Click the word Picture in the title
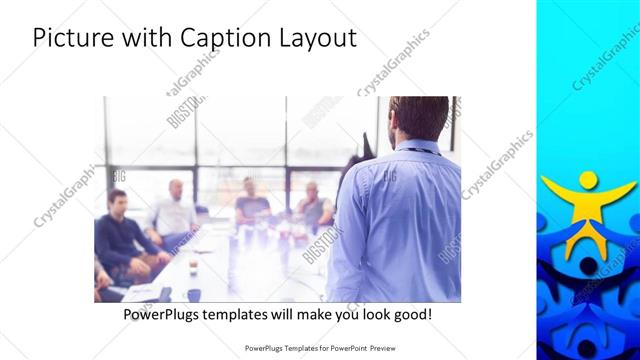pyautogui.click(x=69, y=37)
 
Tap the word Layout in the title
pyautogui.click(x=317, y=37)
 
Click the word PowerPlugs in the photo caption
pyautogui.click(x=165, y=314)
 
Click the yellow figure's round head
pyautogui.click(x=588, y=180)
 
